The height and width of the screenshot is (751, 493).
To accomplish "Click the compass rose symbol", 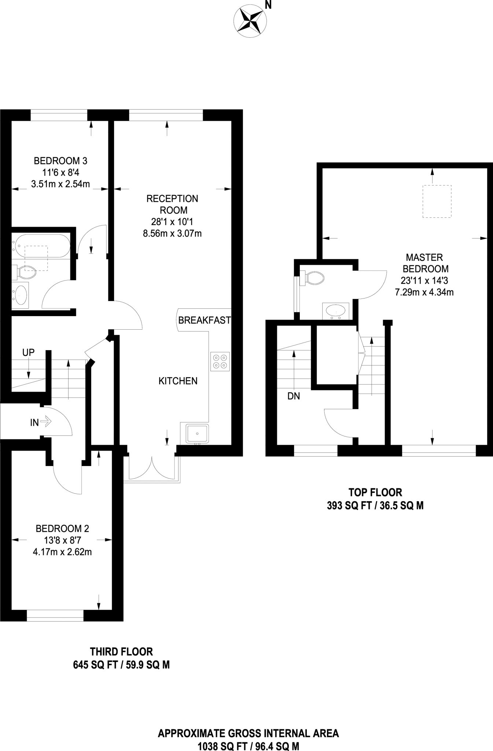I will tap(250, 20).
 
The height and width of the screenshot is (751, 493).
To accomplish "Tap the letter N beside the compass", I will tap(268, 5).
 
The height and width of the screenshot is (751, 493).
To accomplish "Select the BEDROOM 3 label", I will tap(60, 161).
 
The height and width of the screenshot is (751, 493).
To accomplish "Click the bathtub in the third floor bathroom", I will tap(41, 245).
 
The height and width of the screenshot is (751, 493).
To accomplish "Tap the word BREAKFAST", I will tap(205, 320).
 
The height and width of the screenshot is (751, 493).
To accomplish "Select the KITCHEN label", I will tap(178, 381).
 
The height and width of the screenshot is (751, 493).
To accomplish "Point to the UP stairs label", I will tap(28, 352).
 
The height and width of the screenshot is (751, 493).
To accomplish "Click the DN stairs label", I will tap(294, 396).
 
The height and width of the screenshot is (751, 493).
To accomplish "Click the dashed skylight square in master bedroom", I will tap(437, 201).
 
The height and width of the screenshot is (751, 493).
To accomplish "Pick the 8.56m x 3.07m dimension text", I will tap(172, 233).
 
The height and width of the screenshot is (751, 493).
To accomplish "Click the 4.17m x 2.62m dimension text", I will tap(62, 552).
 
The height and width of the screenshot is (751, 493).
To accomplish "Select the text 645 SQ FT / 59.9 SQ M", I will tap(121, 665).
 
